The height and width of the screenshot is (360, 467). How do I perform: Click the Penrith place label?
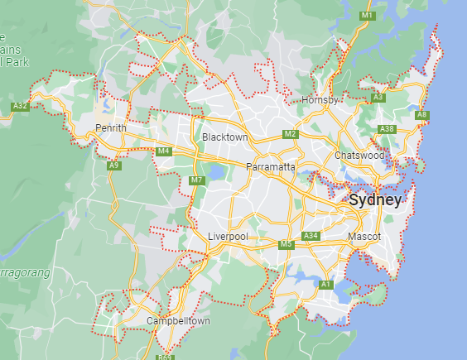(x=110, y=128)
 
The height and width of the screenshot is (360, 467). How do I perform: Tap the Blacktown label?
(x=224, y=137)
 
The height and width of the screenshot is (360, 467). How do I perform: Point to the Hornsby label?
(x=321, y=100)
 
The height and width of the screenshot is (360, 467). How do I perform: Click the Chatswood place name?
(x=359, y=155)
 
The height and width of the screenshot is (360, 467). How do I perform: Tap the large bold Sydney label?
(x=375, y=200)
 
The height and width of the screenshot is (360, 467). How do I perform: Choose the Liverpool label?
(x=227, y=237)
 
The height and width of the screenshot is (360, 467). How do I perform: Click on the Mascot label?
(x=364, y=237)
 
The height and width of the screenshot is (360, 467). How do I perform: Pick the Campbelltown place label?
(x=178, y=320)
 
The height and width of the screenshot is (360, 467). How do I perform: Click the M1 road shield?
(x=368, y=16)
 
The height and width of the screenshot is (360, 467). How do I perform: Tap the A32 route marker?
(x=21, y=106)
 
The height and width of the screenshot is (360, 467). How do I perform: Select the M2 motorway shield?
(x=290, y=134)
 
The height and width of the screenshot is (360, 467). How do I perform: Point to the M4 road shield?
(x=163, y=151)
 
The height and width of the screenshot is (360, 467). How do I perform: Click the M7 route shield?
(x=196, y=180)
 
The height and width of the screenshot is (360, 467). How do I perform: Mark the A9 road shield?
(x=114, y=166)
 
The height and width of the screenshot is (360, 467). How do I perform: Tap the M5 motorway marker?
(x=286, y=244)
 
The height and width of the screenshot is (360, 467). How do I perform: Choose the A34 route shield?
(x=311, y=237)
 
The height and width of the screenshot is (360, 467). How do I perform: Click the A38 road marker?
(x=386, y=129)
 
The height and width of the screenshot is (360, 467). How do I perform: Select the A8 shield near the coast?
(x=421, y=114)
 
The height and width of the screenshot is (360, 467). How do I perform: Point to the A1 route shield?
(x=326, y=285)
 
